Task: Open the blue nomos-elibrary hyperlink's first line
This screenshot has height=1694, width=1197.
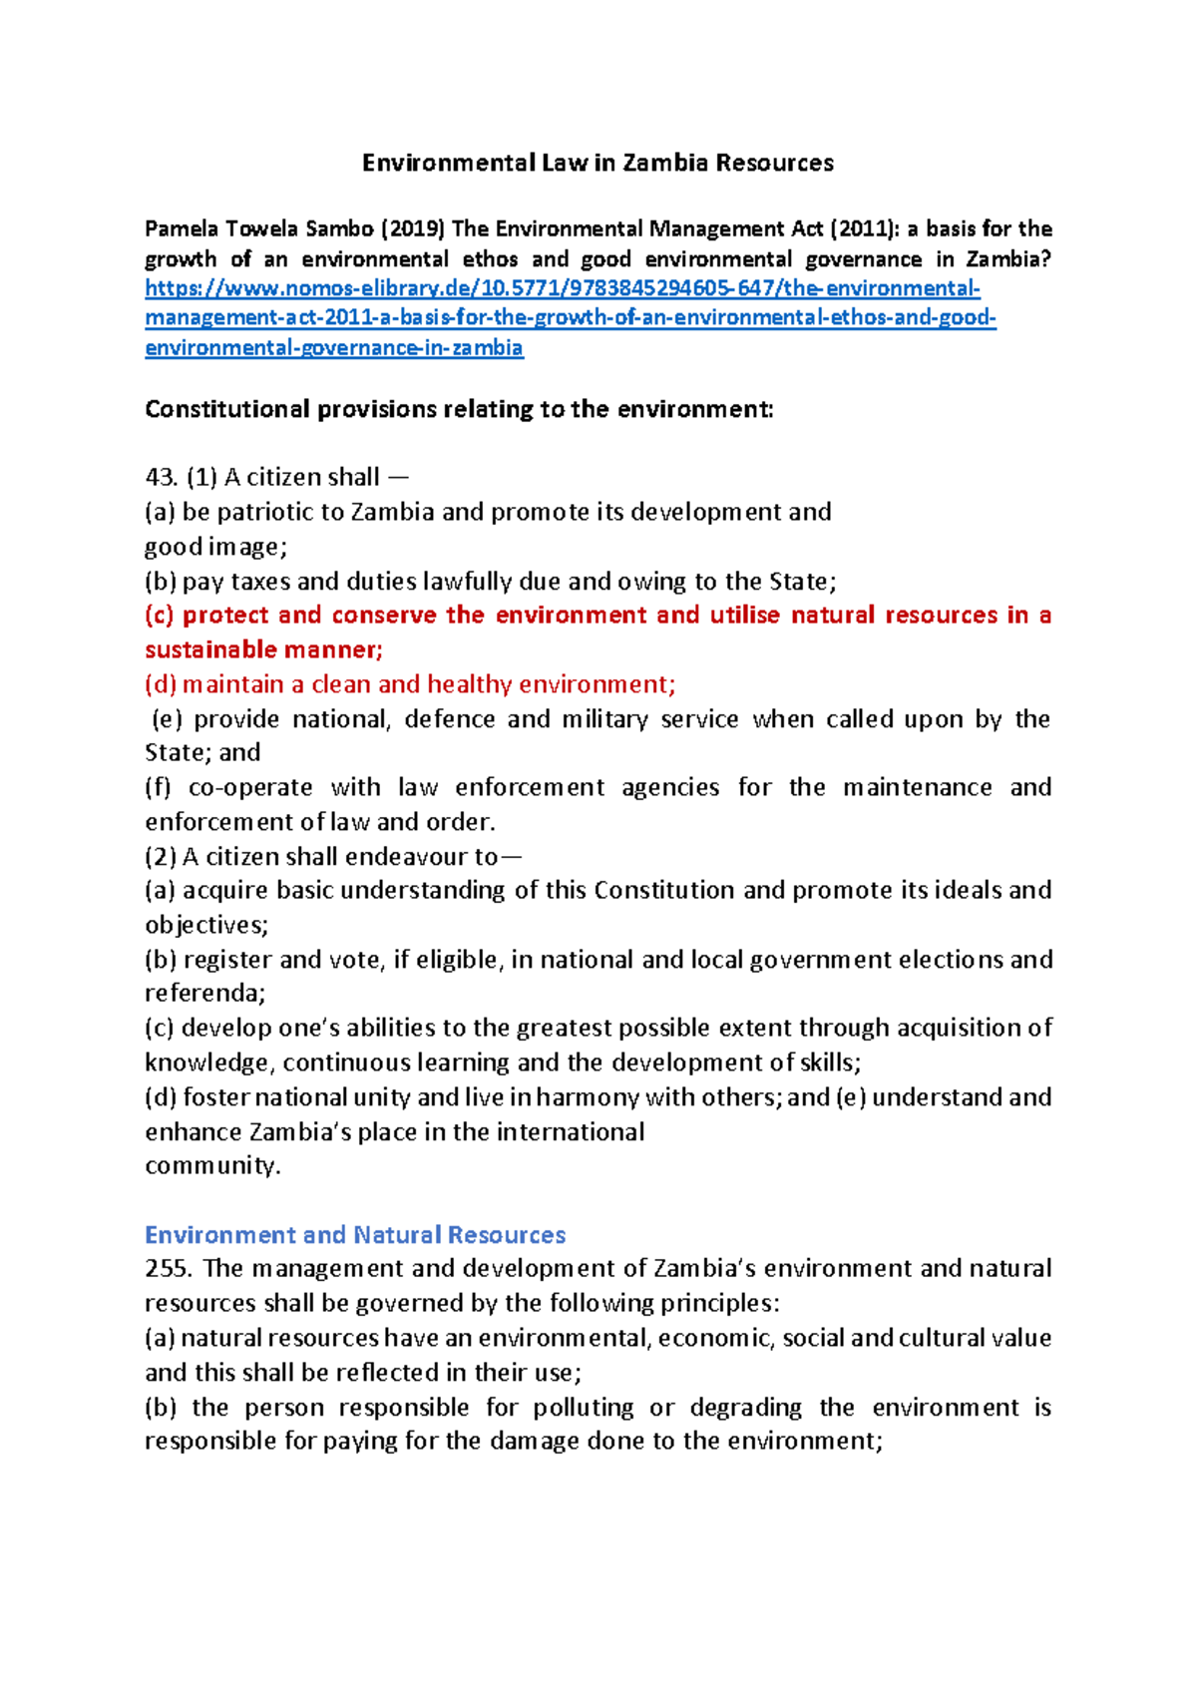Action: tap(563, 289)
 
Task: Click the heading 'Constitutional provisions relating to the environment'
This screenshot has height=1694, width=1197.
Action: tap(459, 410)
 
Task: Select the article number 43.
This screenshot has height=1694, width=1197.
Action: tap(161, 478)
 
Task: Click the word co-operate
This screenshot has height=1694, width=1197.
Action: tap(249, 788)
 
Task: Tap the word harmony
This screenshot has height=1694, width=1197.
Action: tap(589, 1097)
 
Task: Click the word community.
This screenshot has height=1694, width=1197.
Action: tap(212, 1166)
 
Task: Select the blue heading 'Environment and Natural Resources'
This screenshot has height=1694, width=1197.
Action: tap(355, 1235)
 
